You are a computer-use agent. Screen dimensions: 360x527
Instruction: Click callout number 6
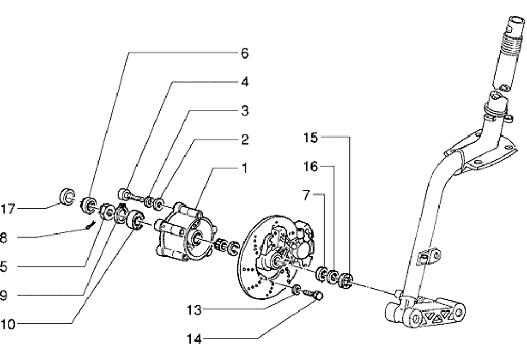pyautogui.click(x=244, y=53)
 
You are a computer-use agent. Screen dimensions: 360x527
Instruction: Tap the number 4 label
pyautogui.click(x=245, y=82)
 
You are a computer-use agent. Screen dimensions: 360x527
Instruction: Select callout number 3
pyautogui.click(x=245, y=111)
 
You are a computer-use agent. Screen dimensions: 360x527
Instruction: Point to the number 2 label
pyautogui.click(x=245, y=140)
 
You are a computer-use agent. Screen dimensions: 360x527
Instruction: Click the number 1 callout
pyautogui.click(x=244, y=169)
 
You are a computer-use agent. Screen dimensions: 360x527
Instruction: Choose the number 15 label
pyautogui.click(x=310, y=138)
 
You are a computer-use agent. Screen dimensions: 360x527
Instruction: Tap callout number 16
pyautogui.click(x=310, y=167)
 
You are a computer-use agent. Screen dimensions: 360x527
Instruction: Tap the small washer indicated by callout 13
pyautogui.click(x=297, y=289)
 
